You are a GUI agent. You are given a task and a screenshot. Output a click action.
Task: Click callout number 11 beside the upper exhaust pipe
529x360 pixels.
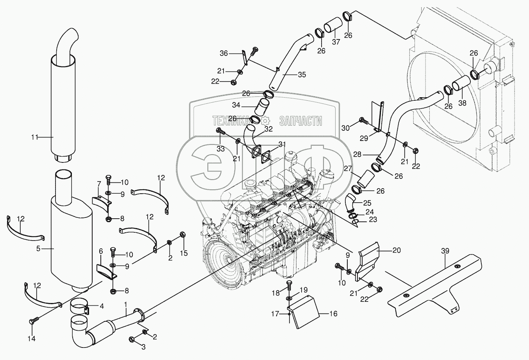[x=35, y=137]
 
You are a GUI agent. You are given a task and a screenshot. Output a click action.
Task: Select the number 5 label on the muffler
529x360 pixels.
[x=38, y=249]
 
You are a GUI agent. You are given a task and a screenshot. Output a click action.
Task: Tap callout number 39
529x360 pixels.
[x=445, y=251]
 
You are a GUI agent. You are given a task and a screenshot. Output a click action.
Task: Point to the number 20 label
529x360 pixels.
[x=397, y=250]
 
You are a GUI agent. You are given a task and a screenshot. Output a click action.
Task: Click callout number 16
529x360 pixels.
[x=333, y=314]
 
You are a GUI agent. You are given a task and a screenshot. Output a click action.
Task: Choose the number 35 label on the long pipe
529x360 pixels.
[x=302, y=75]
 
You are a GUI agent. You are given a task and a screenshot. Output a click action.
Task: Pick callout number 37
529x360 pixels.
[x=336, y=42]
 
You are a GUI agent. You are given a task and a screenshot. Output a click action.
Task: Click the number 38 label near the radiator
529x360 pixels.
[x=463, y=103]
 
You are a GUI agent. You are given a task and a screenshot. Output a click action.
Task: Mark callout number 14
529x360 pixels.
[x=31, y=339]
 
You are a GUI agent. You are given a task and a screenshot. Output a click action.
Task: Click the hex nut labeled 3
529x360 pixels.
[x=132, y=340]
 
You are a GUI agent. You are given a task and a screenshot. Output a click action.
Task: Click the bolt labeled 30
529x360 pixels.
[x=363, y=121]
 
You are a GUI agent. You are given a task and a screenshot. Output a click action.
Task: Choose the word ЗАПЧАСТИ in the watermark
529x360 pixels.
[x=300, y=121]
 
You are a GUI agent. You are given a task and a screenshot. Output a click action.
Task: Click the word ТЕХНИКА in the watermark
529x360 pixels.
[x=231, y=121]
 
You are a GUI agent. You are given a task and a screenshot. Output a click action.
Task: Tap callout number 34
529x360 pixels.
[x=236, y=105]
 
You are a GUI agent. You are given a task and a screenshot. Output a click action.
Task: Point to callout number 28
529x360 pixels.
[x=357, y=154]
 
